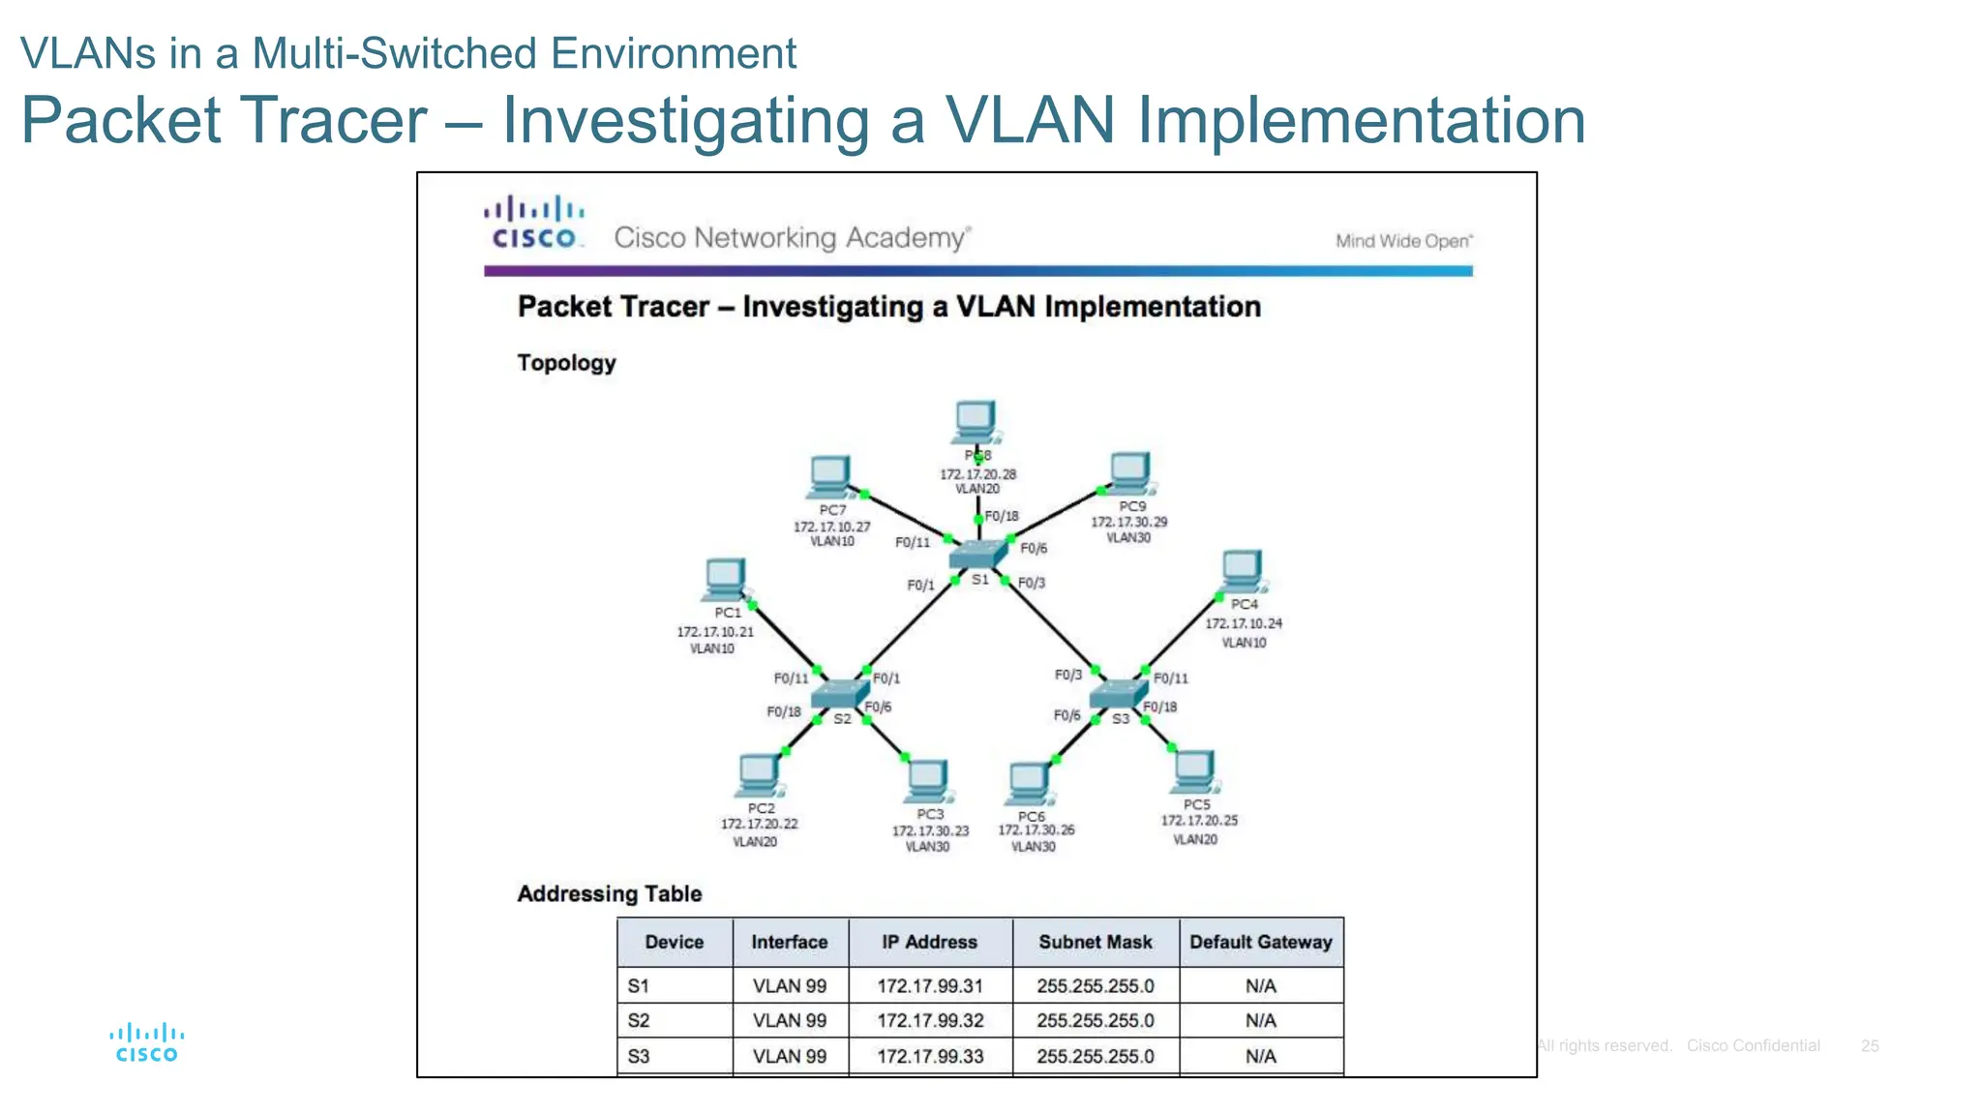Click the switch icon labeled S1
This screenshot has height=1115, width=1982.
point(977,555)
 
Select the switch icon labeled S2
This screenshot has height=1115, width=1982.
point(839,694)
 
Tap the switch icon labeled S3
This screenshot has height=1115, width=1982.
point(1117,694)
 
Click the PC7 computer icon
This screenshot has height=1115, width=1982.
point(829,476)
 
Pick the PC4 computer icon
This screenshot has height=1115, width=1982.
point(1242,571)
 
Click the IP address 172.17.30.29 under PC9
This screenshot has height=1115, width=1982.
point(1128,522)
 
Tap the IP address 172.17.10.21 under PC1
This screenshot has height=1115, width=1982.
point(714,632)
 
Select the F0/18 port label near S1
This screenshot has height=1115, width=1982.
point(1002,516)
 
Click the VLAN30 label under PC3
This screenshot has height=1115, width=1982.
point(927,847)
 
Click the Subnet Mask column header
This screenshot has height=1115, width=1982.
point(1095,942)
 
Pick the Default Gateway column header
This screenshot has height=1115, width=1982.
point(1260,942)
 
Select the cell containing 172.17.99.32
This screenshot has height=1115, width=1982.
point(929,1020)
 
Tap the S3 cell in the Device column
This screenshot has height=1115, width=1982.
point(639,1056)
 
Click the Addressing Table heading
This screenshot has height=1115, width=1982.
point(609,893)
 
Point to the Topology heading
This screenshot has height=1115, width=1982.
point(566,363)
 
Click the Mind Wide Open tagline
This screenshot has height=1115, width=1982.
point(1403,241)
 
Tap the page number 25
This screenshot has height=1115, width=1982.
point(1869,1046)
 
